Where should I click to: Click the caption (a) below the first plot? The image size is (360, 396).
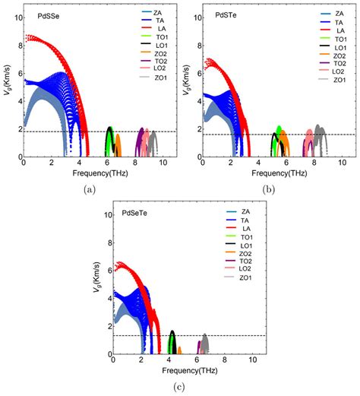tap(91, 188)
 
